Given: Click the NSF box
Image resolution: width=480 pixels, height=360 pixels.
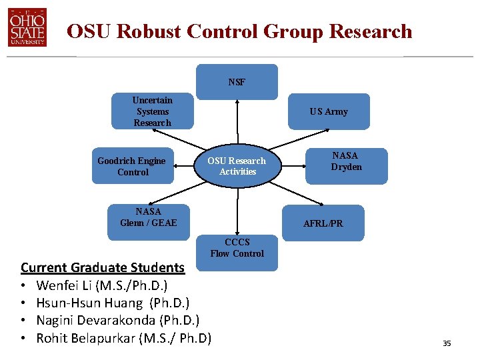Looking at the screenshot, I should point(237,82).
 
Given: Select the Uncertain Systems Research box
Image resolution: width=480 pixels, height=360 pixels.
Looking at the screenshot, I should point(152,111).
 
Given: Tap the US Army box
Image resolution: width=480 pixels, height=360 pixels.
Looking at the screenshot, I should point(329,111).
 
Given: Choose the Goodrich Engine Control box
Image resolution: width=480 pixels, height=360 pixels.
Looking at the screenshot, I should point(133,166).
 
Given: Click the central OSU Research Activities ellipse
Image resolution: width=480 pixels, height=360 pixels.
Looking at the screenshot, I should point(237,166).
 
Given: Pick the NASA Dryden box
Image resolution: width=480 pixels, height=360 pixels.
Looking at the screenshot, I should point(347,165).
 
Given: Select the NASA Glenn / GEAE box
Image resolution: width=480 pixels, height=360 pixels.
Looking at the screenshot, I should point(149,217).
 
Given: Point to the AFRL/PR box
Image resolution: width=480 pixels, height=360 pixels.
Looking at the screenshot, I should point(323,223).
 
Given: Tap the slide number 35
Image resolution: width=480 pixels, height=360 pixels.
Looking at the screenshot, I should point(447,343).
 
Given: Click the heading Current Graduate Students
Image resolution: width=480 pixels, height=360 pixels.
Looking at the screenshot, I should point(103,267).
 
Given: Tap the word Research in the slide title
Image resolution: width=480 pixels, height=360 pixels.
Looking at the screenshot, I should point(371,31).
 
